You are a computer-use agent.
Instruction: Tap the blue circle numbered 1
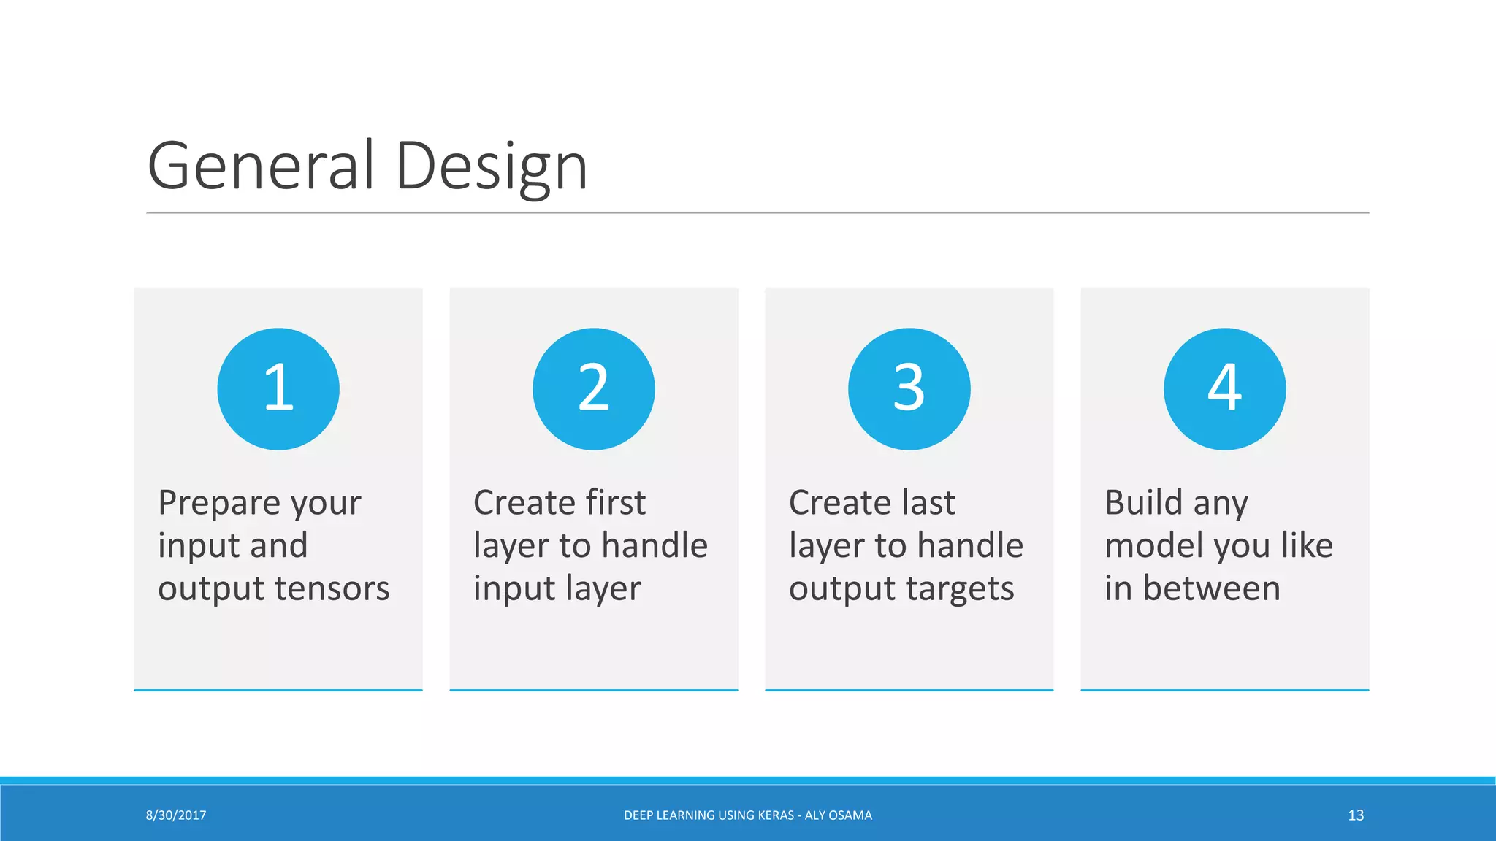click(x=278, y=388)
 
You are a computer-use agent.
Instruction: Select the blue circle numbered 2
click(x=594, y=388)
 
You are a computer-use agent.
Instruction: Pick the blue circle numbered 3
click(x=909, y=388)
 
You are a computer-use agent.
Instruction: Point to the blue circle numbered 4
click(x=1225, y=388)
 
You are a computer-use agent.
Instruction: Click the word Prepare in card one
click(x=218, y=504)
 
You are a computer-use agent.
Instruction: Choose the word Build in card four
click(x=1143, y=502)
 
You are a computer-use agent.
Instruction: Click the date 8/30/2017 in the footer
click(x=176, y=815)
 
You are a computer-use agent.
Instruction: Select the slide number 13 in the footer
click(x=1356, y=815)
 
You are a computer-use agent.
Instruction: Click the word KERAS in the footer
click(x=772, y=815)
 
